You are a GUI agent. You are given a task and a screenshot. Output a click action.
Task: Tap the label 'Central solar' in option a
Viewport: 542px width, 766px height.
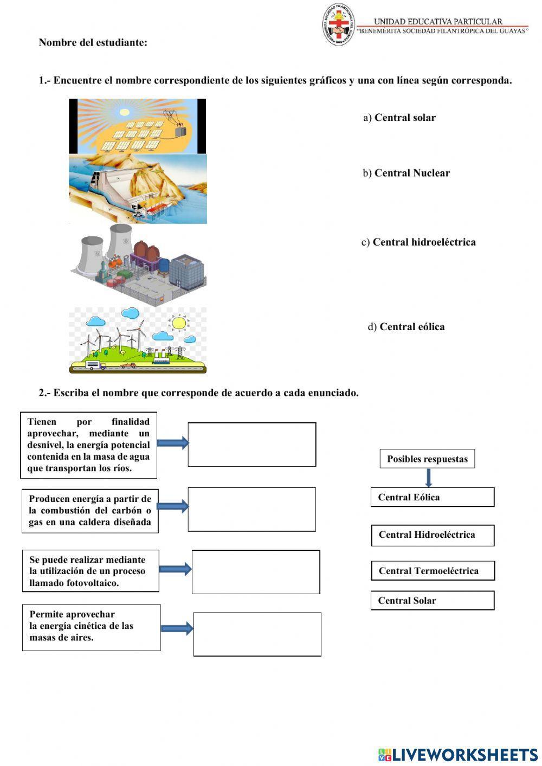point(405,118)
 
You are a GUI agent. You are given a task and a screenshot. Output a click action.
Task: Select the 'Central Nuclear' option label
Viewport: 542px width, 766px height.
point(412,173)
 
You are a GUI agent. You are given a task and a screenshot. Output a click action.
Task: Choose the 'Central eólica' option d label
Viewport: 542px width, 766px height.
point(412,326)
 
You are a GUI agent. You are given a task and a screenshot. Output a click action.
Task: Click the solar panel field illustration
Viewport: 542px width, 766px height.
point(137,126)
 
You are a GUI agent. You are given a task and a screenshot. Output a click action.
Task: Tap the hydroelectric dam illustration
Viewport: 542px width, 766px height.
point(138,189)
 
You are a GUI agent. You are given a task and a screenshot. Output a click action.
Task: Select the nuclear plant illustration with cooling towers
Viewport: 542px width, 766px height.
point(138,264)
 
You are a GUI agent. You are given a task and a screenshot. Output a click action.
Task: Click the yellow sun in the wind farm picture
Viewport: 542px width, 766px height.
point(178,324)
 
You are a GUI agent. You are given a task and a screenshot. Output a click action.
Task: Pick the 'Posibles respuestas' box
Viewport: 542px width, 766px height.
point(427,459)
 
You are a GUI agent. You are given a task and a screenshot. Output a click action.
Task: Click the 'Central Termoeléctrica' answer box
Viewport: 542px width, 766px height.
point(433,570)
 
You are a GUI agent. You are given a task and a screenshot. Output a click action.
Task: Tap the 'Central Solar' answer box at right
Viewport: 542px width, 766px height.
point(433,600)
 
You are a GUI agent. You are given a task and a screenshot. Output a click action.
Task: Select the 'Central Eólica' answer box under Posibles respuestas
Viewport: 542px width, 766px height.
point(433,497)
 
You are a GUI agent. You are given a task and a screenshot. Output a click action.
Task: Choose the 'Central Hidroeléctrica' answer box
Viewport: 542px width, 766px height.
point(433,535)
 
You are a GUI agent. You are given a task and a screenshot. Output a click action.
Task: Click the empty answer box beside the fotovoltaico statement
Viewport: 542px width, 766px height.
point(256,572)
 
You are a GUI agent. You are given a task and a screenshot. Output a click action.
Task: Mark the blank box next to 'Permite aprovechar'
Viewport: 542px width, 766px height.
point(257,634)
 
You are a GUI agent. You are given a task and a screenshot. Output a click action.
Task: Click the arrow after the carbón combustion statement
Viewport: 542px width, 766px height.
point(173,507)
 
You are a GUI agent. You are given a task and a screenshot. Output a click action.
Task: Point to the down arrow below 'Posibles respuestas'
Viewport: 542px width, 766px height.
point(429,478)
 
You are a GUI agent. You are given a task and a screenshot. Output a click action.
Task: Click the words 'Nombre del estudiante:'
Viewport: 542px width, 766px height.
point(93,42)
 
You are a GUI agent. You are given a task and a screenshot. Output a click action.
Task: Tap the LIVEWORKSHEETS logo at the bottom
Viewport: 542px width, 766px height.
point(458,754)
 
